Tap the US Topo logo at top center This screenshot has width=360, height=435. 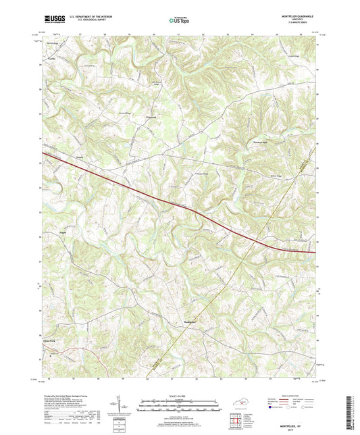[x=180, y=21]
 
